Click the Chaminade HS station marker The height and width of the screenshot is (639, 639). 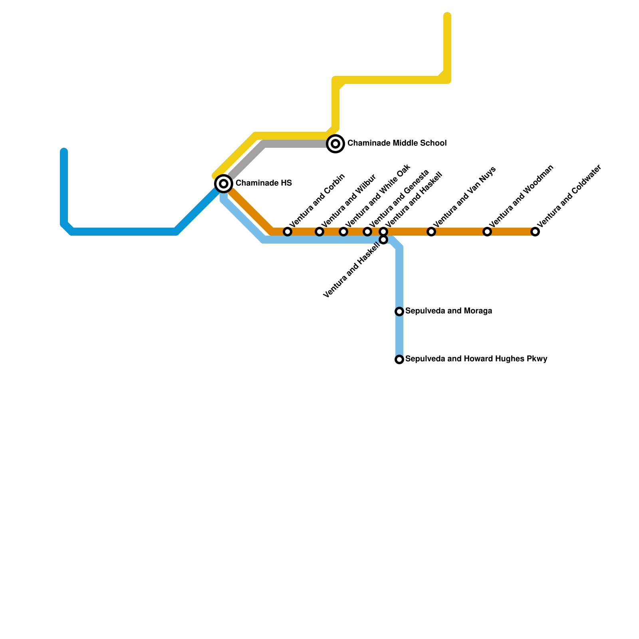[224, 184]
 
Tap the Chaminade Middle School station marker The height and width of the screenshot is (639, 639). [336, 143]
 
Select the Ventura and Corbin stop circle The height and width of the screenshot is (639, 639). [288, 232]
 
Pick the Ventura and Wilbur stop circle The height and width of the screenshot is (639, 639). [319, 232]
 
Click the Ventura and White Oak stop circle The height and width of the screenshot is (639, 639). [343, 232]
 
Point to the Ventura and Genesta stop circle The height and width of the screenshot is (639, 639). [367, 232]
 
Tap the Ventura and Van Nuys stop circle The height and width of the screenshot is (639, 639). [431, 232]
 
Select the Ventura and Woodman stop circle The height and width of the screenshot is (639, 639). [487, 232]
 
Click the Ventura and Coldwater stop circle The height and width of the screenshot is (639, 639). [535, 232]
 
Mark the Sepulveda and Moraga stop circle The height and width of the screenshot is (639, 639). [399, 312]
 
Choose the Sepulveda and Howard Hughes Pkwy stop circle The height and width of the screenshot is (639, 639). [399, 359]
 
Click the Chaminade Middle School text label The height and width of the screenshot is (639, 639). [397, 143]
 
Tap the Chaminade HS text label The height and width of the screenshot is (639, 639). [264, 183]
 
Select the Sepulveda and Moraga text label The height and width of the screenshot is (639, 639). [448, 311]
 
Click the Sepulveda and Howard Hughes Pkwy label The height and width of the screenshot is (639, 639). [476, 359]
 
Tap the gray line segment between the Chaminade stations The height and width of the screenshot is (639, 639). [296, 144]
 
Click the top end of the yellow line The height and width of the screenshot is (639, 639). [447, 16]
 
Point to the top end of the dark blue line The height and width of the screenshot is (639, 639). [64, 151]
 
